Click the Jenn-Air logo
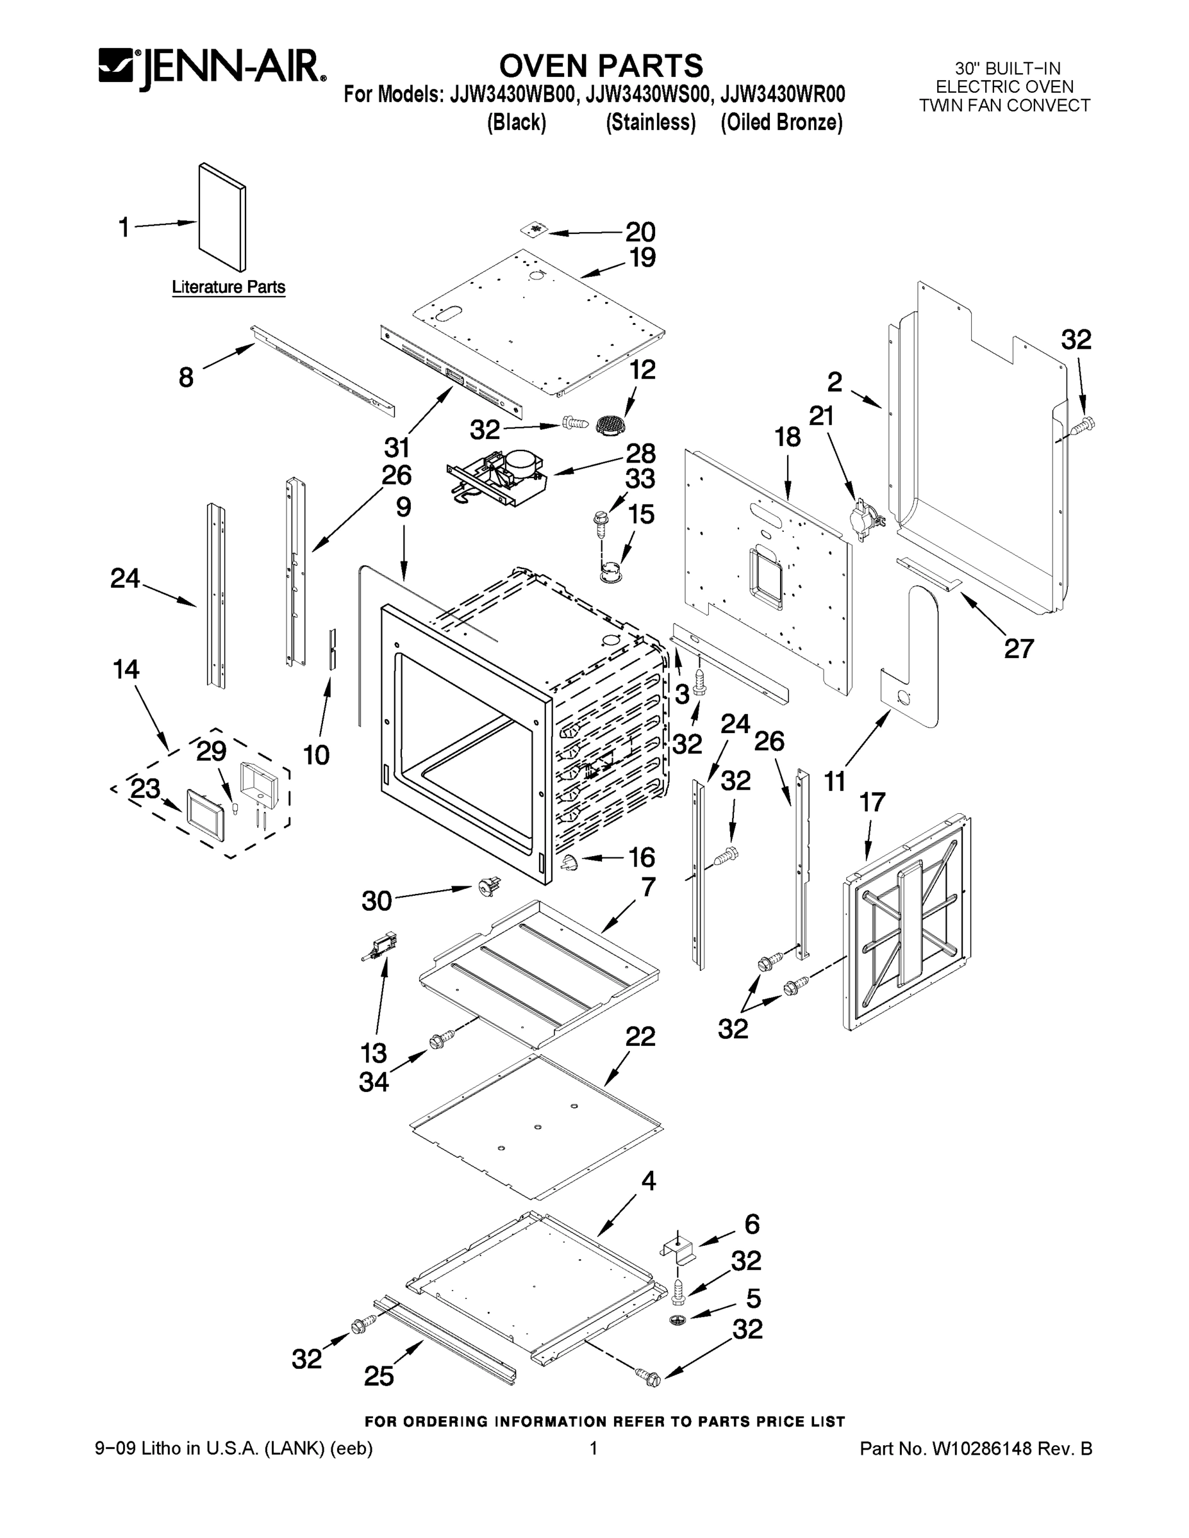(212, 69)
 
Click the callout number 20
(640, 232)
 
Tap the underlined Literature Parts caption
(229, 287)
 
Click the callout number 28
(640, 453)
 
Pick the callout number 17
(872, 802)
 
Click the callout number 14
(126, 669)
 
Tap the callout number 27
(1019, 648)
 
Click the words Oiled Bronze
(781, 122)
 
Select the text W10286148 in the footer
(982, 1448)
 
